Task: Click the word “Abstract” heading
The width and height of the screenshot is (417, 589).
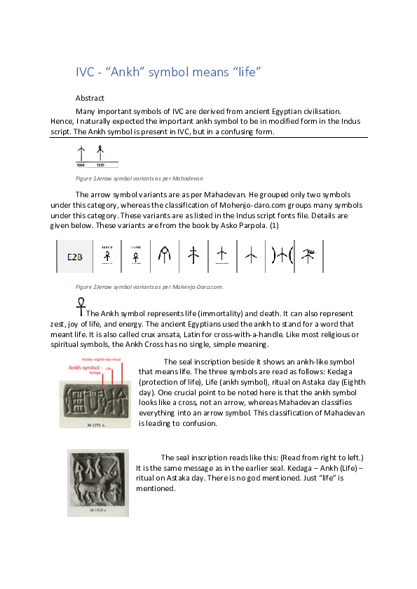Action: coord(90,99)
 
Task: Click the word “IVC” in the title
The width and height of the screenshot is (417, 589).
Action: coord(85,73)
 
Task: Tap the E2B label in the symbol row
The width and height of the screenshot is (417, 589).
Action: coord(76,257)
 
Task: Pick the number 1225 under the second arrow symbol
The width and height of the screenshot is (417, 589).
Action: coord(100,165)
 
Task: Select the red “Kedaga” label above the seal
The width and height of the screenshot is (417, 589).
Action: coord(76,373)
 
